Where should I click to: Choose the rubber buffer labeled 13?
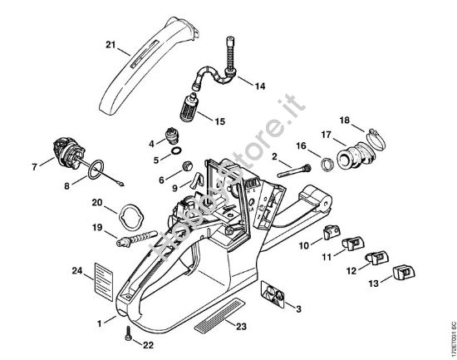(404, 272)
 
